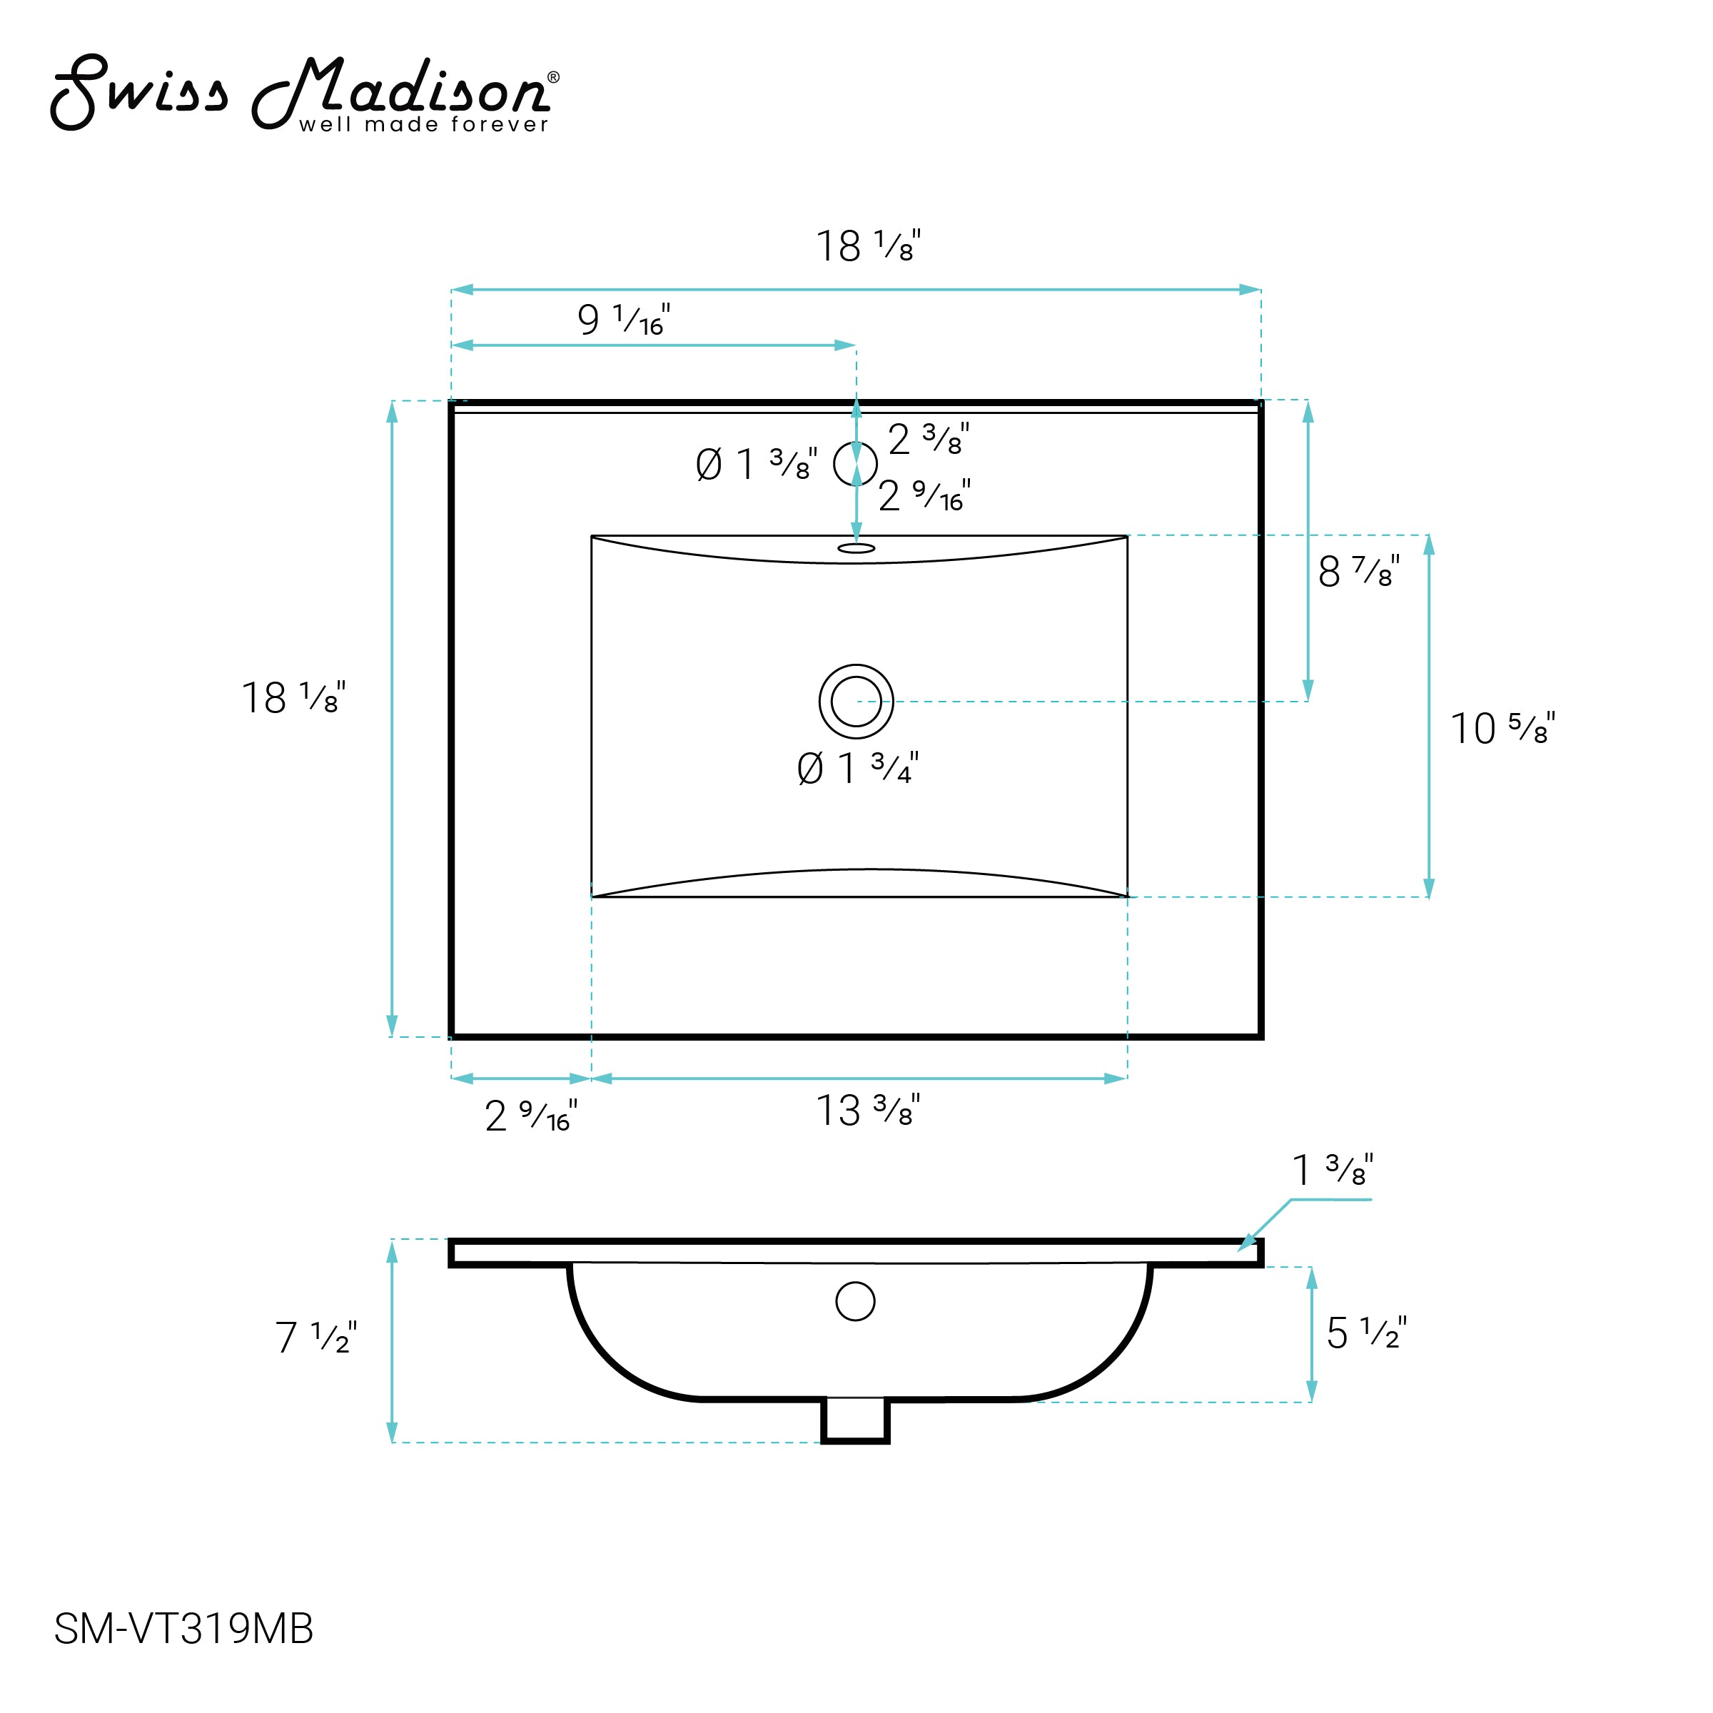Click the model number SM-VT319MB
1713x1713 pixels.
click(x=183, y=1629)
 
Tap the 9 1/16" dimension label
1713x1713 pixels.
click(x=623, y=319)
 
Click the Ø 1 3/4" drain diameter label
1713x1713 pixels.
click(x=857, y=768)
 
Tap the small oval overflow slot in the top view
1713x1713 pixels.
click(x=856, y=549)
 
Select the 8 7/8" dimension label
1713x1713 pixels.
click(x=1359, y=571)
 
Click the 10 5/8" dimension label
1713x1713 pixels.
click(x=1502, y=727)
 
